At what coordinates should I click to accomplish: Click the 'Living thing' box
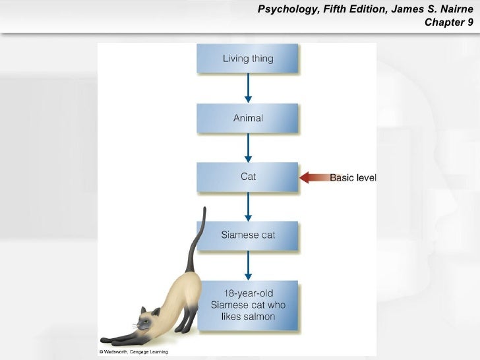248,59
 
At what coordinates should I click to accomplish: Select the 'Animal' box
248,119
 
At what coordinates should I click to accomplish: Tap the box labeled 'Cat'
248,177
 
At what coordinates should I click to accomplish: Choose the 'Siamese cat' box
248,235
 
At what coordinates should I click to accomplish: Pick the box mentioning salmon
248,305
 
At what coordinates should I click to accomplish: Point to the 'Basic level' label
353,177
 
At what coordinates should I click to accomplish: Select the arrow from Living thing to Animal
248,88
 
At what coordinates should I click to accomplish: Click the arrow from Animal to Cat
248,148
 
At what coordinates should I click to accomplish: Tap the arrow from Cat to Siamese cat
248,206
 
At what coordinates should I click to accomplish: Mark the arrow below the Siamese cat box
248,266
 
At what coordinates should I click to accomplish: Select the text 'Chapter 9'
448,23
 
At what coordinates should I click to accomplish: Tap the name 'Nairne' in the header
453,10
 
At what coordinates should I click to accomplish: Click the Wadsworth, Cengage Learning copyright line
134,352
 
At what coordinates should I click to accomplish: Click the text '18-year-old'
248,293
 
